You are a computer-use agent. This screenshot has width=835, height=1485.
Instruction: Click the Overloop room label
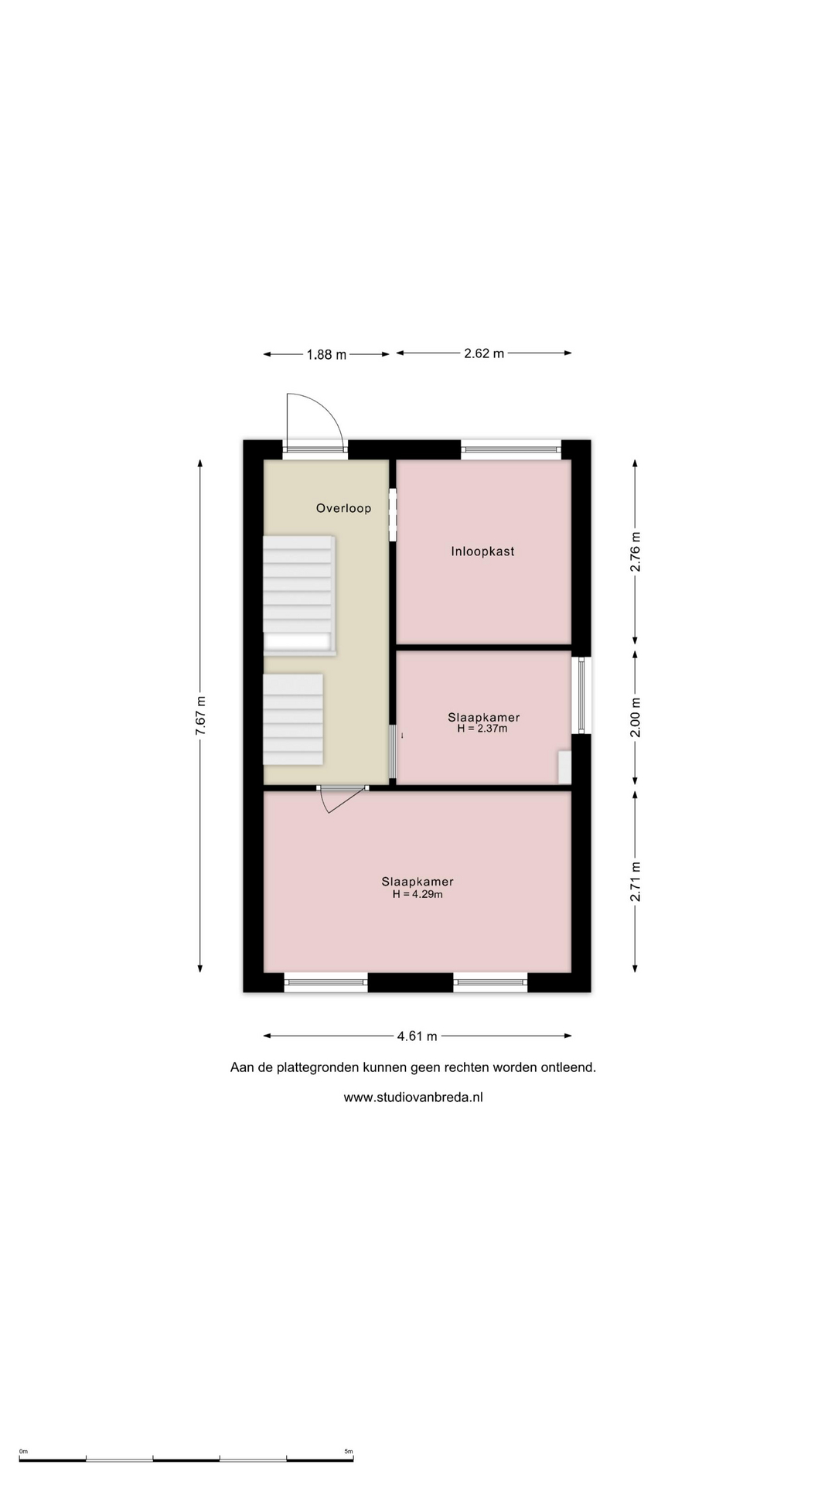343,508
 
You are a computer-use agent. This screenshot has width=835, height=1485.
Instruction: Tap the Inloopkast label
482,551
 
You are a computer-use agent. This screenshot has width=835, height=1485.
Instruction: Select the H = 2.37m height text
482,729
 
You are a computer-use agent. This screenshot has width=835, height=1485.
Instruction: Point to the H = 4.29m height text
417,894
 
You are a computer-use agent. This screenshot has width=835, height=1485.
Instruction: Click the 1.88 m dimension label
326,354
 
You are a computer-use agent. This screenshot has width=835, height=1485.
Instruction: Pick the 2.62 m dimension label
484,353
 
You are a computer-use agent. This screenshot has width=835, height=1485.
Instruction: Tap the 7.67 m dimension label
201,715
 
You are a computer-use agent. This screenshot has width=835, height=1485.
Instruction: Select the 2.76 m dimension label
636,551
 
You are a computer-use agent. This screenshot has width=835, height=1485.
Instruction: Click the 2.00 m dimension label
636,718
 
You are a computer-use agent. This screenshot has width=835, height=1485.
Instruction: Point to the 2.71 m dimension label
636,881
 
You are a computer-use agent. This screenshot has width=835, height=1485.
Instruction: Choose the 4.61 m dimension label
417,1036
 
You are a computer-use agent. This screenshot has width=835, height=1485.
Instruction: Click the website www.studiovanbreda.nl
414,1097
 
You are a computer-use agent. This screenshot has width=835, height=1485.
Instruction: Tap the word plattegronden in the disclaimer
318,1067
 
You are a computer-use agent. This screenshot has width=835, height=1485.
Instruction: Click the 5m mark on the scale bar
349,1452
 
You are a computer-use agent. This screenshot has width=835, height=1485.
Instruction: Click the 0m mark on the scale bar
23,1452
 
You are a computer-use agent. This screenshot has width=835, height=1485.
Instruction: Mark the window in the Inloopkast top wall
511,447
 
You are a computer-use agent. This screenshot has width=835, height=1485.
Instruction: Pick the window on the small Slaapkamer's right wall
582,695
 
